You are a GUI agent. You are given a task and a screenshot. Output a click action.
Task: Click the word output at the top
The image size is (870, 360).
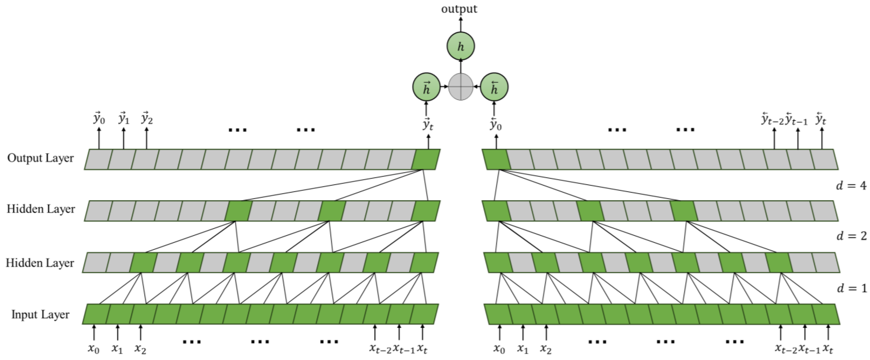pyautogui.click(x=459, y=9)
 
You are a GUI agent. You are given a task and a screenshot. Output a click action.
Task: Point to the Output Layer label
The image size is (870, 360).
pyautogui.click(x=41, y=158)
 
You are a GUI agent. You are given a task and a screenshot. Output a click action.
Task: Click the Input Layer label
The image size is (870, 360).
pyautogui.click(x=41, y=314)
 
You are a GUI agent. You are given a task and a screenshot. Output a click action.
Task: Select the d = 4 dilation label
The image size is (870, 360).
pyautogui.click(x=851, y=185)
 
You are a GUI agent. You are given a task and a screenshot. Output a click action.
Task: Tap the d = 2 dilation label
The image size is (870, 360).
pyautogui.click(x=851, y=236)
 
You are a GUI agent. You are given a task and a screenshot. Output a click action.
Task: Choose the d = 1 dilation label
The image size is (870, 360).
pyautogui.click(x=851, y=288)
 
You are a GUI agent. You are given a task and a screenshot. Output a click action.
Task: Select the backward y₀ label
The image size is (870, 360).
pyautogui.click(x=496, y=124)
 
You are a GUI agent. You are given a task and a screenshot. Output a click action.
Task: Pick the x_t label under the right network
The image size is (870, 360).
pyautogui.click(x=827, y=349)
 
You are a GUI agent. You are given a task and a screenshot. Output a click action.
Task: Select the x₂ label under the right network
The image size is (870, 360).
pyautogui.click(x=546, y=349)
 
